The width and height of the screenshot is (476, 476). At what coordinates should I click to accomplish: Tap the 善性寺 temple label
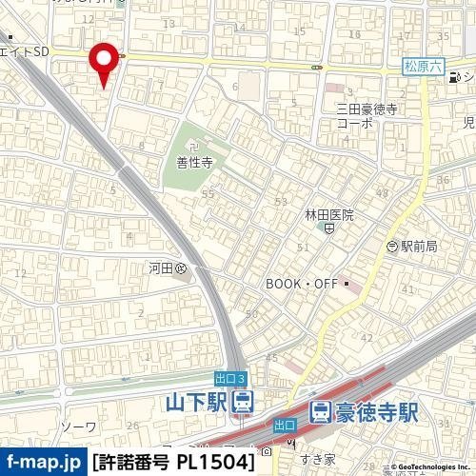coord(193,163)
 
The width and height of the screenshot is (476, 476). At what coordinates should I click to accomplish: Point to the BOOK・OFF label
coord(303,284)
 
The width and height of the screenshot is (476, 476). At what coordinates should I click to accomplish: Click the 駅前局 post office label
coord(418,246)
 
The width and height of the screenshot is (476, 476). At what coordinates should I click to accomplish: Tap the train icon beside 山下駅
coord(244,404)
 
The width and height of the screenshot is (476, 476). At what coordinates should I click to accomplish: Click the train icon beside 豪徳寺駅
coord(321,412)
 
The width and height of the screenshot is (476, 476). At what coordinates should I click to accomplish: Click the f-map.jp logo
coord(42,463)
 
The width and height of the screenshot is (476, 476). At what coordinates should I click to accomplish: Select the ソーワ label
coord(78,426)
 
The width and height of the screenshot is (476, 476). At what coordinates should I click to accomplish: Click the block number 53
coord(280,202)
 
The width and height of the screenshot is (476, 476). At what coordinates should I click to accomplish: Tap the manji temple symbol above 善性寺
coord(193,147)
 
